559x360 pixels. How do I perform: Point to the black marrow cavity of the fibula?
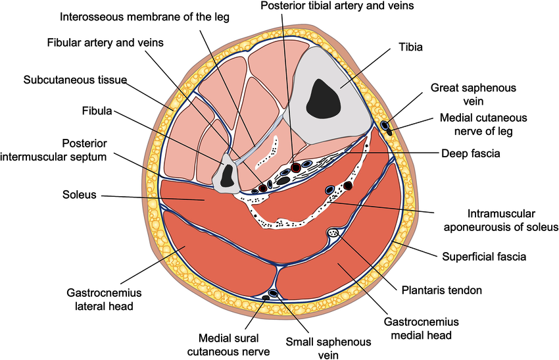(228, 174)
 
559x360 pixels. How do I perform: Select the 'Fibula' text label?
(97, 111)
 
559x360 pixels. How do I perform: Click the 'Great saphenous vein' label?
(464, 94)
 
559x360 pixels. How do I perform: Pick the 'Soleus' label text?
(80, 195)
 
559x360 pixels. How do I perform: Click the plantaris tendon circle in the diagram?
(333, 232)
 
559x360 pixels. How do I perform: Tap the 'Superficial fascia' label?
(484, 257)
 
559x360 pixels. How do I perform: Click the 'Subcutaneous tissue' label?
(75, 80)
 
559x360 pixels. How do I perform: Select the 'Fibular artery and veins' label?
(105, 42)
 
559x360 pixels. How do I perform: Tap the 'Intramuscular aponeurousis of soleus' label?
(503, 220)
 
